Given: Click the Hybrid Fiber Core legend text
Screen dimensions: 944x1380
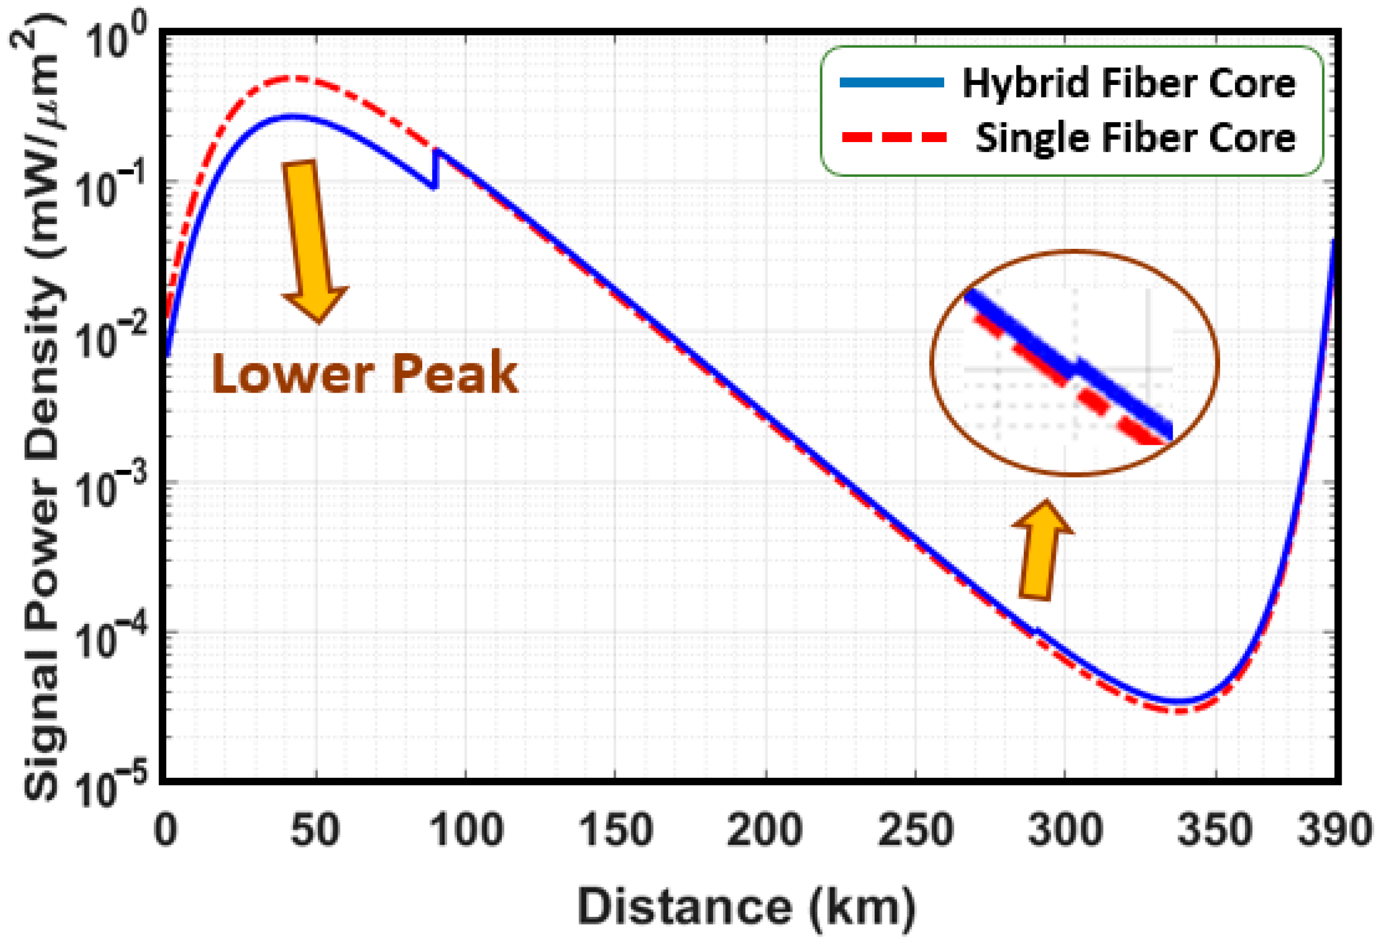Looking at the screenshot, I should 1128,83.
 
